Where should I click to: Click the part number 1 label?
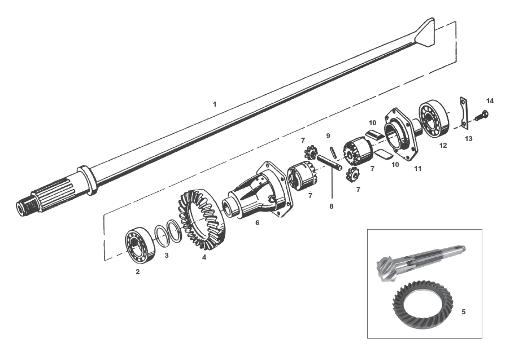tap(214, 104)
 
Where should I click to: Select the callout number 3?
tap(166, 256)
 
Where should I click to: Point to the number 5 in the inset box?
tap(464, 311)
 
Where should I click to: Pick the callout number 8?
tap(332, 206)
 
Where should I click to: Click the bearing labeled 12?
tap(434, 120)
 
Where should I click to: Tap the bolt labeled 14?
tap(480, 116)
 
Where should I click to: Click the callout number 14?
tap(490, 100)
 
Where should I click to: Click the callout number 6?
tap(257, 223)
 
